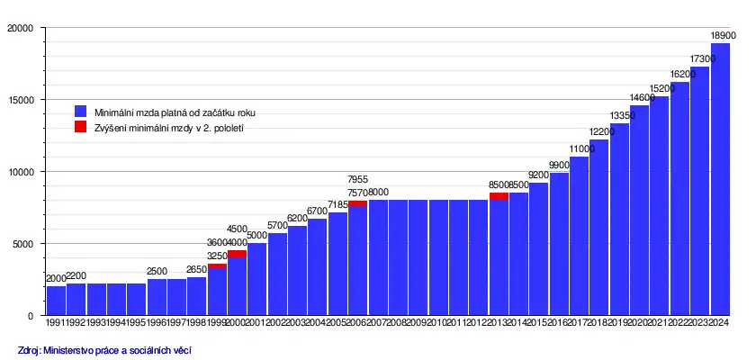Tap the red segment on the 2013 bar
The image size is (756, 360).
click(x=499, y=196)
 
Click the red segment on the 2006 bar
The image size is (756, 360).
click(x=357, y=203)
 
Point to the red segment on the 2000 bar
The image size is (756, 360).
click(x=237, y=254)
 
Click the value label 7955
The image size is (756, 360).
click(x=357, y=179)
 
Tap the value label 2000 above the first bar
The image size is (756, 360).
click(x=56, y=279)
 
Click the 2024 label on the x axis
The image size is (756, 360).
click(x=720, y=321)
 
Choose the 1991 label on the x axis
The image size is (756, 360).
click(x=56, y=321)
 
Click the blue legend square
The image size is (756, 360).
click(x=80, y=112)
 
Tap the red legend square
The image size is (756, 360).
click(x=80, y=128)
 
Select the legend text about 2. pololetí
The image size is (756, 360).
click(x=169, y=128)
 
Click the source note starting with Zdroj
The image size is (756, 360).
click(x=105, y=349)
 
